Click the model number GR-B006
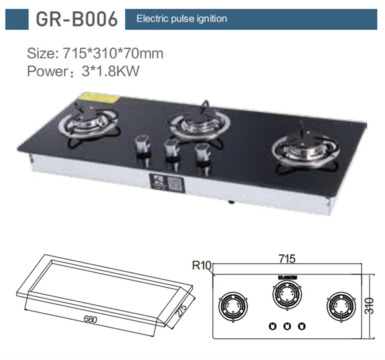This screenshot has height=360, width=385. (76, 19)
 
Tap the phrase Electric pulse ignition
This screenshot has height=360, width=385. (182, 19)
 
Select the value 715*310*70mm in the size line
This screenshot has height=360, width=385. (113, 53)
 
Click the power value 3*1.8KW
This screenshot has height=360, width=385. (110, 71)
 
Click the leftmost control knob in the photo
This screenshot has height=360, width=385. (143, 146)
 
